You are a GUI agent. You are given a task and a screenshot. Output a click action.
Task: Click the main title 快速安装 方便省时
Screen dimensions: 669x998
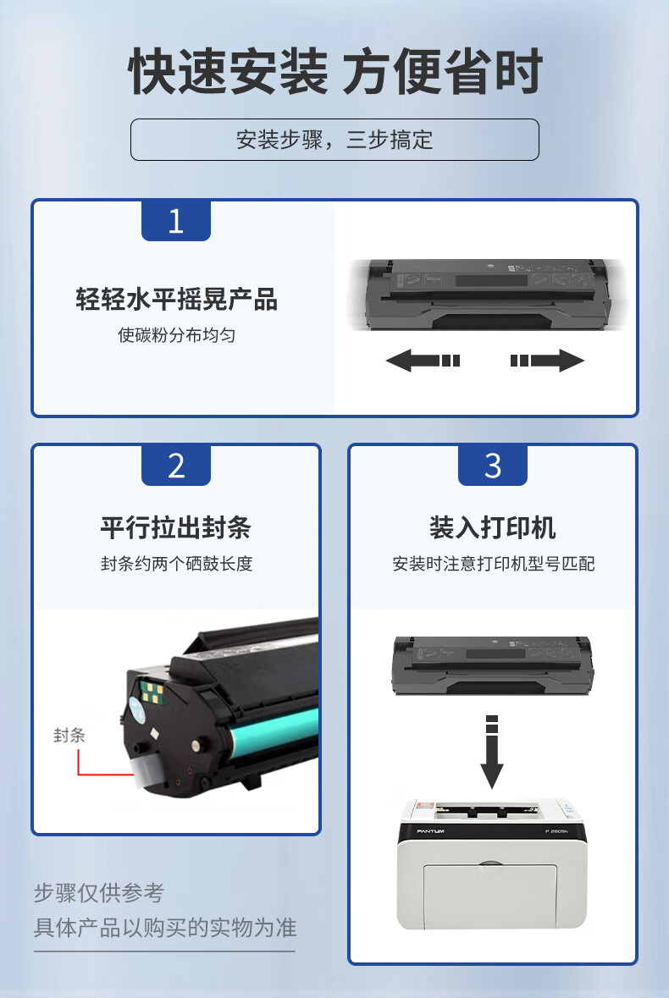334,70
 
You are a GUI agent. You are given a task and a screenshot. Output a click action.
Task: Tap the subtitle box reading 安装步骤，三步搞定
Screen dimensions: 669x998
334,140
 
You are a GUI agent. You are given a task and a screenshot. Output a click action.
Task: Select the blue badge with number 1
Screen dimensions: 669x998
175,220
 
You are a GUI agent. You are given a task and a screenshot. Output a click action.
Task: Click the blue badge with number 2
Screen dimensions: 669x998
175,466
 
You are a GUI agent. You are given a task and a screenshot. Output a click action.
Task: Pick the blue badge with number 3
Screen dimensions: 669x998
493,466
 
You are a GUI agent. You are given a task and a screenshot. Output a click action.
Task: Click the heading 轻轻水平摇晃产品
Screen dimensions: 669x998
176,299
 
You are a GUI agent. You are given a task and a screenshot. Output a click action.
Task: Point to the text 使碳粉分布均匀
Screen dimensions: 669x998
176,335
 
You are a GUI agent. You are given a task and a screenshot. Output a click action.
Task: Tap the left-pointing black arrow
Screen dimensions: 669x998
423,361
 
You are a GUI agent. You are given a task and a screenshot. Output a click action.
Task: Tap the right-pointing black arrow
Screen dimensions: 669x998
547,361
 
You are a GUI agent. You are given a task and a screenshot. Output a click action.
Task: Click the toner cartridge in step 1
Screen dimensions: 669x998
489,294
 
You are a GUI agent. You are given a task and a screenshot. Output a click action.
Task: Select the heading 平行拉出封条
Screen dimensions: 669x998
176,527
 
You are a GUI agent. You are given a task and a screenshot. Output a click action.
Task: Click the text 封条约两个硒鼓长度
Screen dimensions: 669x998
176,563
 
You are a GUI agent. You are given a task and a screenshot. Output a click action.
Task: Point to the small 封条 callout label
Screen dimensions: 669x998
69,735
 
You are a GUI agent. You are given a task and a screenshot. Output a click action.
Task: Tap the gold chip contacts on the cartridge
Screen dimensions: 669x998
152,693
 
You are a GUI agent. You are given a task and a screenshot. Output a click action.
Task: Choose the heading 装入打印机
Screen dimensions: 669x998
493,527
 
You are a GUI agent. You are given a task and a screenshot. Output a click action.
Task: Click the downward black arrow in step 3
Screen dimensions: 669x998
491,752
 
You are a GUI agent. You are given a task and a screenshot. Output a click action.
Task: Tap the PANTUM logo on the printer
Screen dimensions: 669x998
431,831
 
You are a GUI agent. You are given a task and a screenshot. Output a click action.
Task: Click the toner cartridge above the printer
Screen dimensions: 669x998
493,665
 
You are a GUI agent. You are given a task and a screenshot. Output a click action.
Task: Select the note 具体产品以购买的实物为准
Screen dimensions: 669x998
165,928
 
